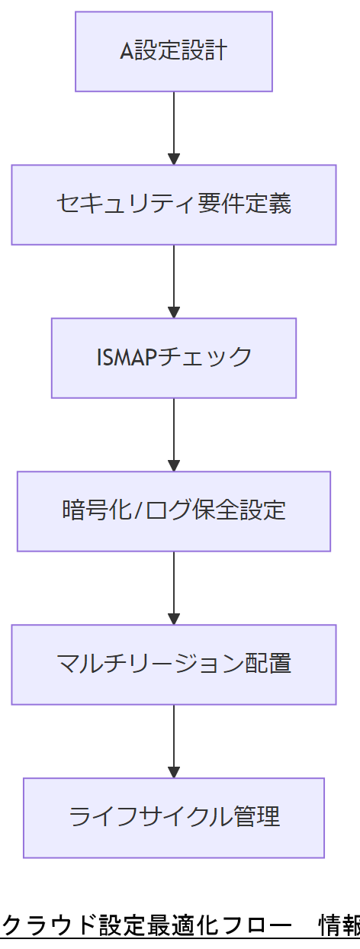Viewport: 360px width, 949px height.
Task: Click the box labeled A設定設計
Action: pyautogui.click(x=174, y=52)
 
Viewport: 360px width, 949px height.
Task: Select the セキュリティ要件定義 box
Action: pyautogui.click(x=174, y=204)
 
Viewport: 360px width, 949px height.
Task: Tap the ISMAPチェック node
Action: pyautogui.click(x=174, y=358)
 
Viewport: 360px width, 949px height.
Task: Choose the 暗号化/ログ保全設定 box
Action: pyautogui.click(x=174, y=511)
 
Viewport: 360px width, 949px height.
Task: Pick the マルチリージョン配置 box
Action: pyautogui.click(x=174, y=664)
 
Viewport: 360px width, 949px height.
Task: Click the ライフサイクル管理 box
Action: pyautogui.click(x=174, y=818)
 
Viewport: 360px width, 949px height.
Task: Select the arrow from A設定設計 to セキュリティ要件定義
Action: pyautogui.click(x=174, y=127)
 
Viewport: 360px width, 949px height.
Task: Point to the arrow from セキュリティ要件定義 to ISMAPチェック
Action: pyautogui.click(x=174, y=281)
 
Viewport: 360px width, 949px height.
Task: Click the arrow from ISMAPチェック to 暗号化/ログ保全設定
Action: pyautogui.click(x=174, y=434)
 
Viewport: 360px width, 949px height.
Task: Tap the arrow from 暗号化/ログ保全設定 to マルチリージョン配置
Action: pyautogui.click(x=174, y=587)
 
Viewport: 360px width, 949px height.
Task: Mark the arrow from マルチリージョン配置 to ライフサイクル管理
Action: pyautogui.click(x=174, y=741)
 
